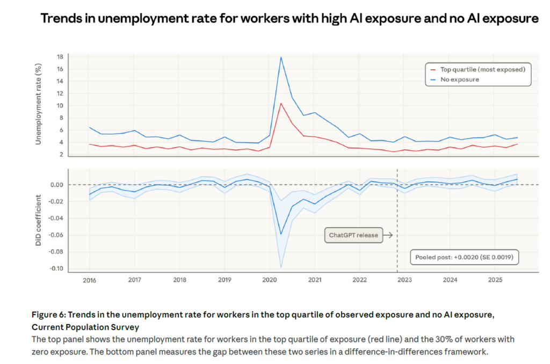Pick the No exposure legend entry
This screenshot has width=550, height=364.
(459, 79)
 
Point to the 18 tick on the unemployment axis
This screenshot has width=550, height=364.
(61, 56)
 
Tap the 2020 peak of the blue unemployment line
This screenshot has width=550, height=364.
(281, 57)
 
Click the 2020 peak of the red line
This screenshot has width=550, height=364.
(281, 103)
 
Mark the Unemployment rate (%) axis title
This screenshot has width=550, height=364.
(39, 105)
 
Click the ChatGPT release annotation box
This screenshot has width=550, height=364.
(353, 235)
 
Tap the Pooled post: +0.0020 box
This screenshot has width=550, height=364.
(464, 258)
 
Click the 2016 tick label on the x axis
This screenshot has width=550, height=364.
(89, 280)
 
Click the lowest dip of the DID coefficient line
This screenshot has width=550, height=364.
(281, 234)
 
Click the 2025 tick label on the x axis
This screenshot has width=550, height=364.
(496, 280)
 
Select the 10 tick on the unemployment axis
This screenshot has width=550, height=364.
(61, 105)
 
